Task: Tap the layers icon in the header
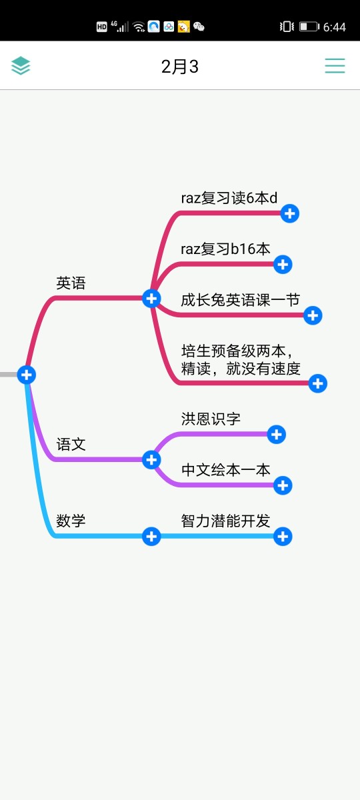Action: pyautogui.click(x=21, y=66)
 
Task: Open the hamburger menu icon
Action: pyautogui.click(x=335, y=66)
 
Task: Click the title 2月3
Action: pyautogui.click(x=179, y=67)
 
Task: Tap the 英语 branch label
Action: pyautogui.click(x=71, y=283)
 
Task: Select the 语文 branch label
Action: pyautogui.click(x=71, y=445)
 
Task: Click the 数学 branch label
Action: pyautogui.click(x=71, y=521)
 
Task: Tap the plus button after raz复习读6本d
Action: pyautogui.click(x=289, y=213)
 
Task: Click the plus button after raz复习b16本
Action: pyautogui.click(x=283, y=265)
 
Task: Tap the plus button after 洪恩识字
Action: pyautogui.click(x=277, y=435)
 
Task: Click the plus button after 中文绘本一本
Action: pyautogui.click(x=283, y=486)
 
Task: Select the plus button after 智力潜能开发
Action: pyautogui.click(x=283, y=537)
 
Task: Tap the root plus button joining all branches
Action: pyautogui.click(x=27, y=375)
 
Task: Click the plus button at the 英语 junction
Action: pyautogui.click(x=151, y=299)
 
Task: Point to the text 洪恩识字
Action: pyautogui.click(x=211, y=419)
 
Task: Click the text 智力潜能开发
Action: pyautogui.click(x=225, y=521)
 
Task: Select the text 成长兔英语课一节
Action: pyautogui.click(x=240, y=300)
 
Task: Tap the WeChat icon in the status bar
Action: pyautogui.click(x=199, y=27)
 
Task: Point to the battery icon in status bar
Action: pyautogui.click(x=309, y=27)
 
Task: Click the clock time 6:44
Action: pyautogui.click(x=335, y=27)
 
